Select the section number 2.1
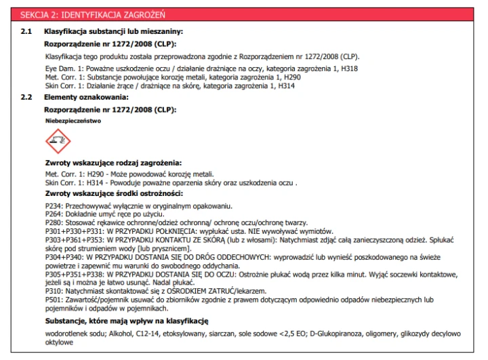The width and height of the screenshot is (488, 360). pyautogui.click(x=26, y=31)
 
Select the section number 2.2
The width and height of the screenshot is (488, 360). pyautogui.click(x=26, y=98)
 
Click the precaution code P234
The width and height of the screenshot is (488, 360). pyautogui.click(x=54, y=205)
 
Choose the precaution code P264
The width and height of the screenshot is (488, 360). pyautogui.click(x=54, y=214)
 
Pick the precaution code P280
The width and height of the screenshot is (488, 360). pyautogui.click(x=54, y=222)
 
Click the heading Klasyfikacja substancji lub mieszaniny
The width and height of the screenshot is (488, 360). pyautogui.click(x=113, y=31)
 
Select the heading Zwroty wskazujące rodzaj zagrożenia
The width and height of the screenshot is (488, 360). pyautogui.click(x=113, y=163)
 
